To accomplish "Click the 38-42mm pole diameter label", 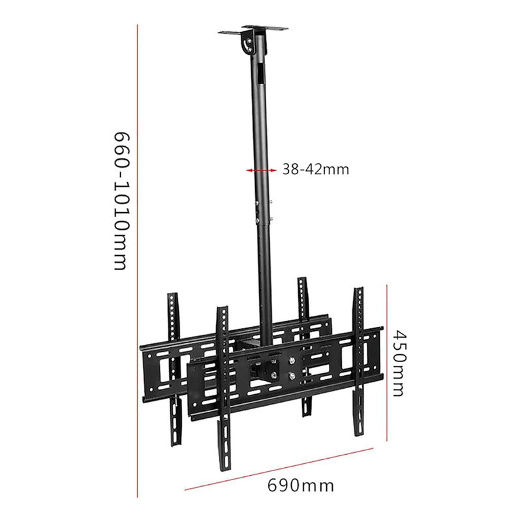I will pyautogui.click(x=316, y=170).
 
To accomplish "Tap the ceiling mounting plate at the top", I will pyautogui.click(x=253, y=29).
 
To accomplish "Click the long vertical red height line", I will pyautogui.click(x=137, y=261).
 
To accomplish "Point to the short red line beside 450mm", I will pyautogui.click(x=388, y=363).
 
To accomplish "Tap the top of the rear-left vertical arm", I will pyautogui.click(x=172, y=296).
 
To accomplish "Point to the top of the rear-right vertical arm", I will pyautogui.click(x=302, y=281).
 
